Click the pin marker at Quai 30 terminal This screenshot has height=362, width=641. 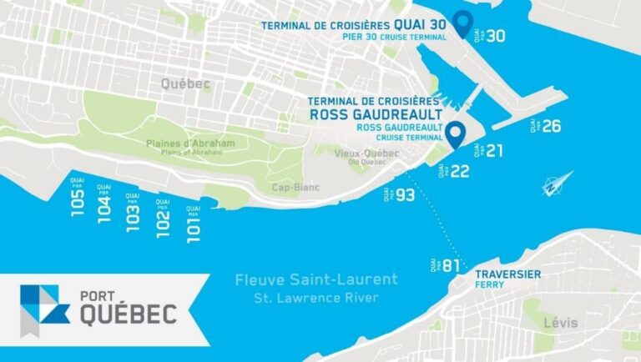tap(462, 24)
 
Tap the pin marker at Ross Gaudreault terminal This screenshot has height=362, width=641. tap(455, 134)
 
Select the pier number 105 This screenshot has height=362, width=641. tap(78, 202)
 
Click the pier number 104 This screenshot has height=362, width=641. tap(104, 206)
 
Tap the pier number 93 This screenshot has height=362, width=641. tap(405, 195)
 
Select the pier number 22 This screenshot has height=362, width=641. tap(460, 170)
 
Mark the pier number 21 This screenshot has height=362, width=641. tap(494, 151)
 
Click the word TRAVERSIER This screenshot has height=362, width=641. tap(507, 274)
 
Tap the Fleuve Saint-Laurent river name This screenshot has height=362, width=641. tap(316, 279)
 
